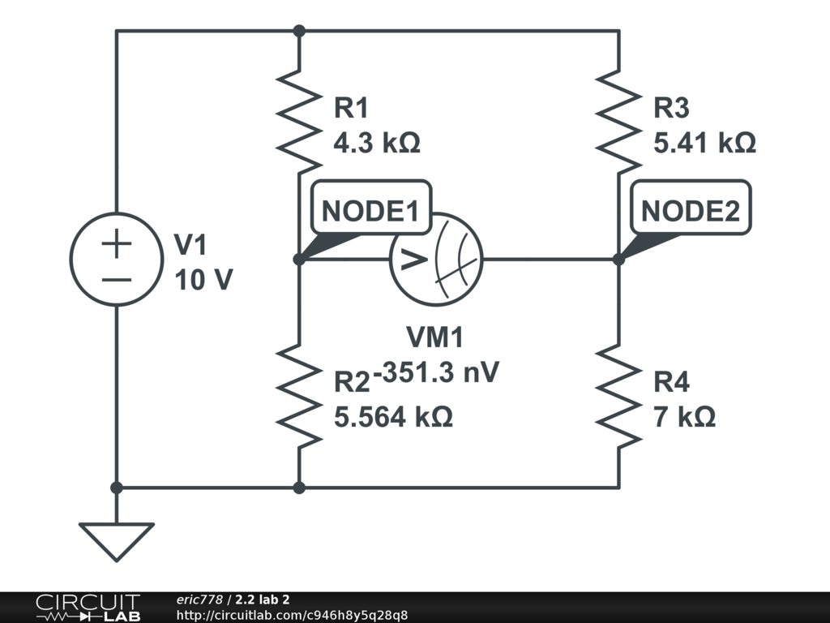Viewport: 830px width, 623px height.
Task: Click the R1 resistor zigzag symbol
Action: tap(299, 122)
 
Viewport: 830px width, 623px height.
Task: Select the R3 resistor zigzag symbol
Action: tap(618, 122)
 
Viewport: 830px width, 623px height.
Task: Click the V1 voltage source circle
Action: tap(117, 260)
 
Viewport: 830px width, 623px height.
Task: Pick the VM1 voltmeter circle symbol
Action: tap(436, 260)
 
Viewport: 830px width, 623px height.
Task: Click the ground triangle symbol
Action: tap(117, 540)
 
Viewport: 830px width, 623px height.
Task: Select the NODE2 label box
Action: tap(691, 211)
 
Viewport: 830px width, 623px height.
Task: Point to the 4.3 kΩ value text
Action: tap(377, 143)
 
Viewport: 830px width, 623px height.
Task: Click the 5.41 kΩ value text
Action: tap(704, 143)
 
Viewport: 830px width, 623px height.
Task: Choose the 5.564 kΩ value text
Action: tap(393, 417)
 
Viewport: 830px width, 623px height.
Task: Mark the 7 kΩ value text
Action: tap(684, 417)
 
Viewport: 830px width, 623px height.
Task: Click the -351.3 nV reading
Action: tap(436, 372)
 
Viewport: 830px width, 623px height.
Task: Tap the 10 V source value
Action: tap(203, 280)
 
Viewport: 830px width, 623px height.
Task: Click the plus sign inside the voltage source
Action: tap(117, 244)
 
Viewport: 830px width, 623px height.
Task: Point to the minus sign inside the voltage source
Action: tap(117, 278)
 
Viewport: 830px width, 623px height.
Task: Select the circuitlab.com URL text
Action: tap(292, 615)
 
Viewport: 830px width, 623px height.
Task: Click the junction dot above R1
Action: tap(299, 31)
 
